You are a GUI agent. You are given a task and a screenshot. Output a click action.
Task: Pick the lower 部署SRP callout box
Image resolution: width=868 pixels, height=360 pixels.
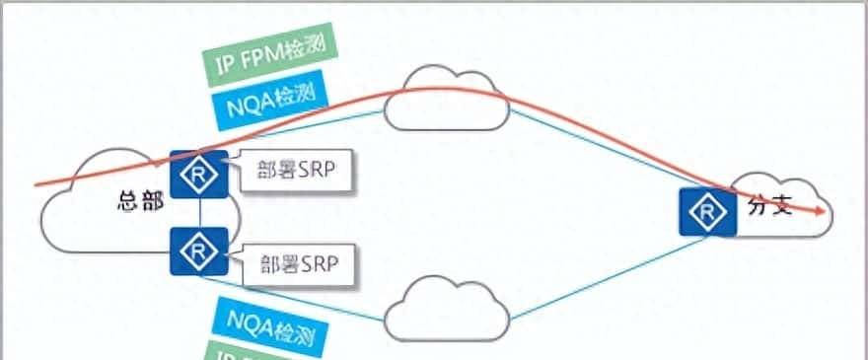297,263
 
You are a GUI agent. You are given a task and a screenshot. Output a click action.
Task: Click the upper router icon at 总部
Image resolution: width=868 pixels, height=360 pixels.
199,175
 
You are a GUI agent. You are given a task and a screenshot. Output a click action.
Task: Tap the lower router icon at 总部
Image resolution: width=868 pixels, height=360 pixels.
199,252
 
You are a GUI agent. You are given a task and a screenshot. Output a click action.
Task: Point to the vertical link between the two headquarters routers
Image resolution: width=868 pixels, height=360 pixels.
199,213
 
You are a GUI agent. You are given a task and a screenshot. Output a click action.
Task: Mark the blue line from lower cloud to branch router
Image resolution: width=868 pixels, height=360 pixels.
592,282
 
